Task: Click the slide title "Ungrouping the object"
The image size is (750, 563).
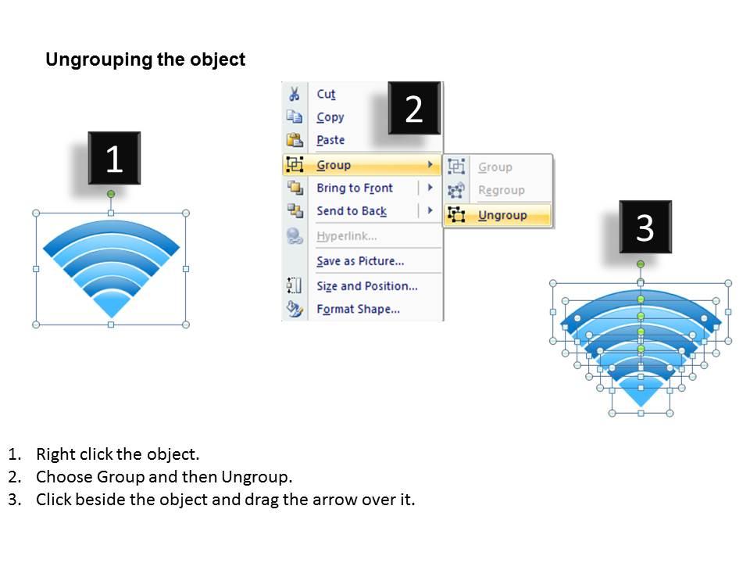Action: [145, 60]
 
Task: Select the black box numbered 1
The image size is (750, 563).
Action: [114, 159]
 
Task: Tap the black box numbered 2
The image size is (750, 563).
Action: [414, 109]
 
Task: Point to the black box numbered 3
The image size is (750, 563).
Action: [645, 228]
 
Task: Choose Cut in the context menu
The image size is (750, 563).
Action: [326, 95]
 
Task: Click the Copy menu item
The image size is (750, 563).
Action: [330, 117]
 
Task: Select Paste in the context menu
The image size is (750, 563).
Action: [330, 140]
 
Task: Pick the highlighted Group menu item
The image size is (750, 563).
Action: [334, 165]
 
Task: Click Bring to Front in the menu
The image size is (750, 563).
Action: [354, 188]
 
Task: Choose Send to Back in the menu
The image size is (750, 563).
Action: [351, 211]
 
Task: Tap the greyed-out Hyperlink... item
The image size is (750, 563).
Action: [346, 236]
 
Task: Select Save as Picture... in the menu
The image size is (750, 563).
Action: [359, 261]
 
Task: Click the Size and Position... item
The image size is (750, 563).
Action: [366, 286]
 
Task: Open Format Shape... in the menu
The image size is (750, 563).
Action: [358, 309]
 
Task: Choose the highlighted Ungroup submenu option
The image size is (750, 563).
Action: [502, 215]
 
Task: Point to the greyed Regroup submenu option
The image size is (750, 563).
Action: [501, 190]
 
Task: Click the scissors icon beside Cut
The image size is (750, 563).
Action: [295, 95]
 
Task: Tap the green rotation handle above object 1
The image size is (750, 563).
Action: [111, 193]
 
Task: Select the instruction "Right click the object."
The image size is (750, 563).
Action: [118, 454]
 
